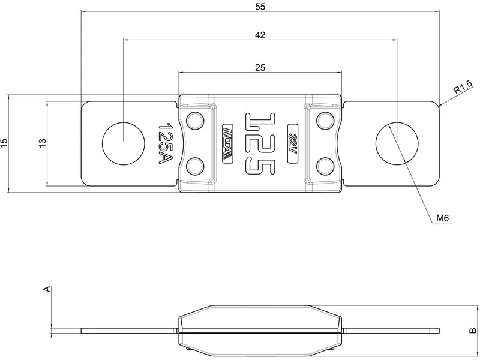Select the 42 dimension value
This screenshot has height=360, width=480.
(x=260, y=35)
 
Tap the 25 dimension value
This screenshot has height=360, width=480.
(x=260, y=67)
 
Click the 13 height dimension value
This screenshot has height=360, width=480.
(x=42, y=143)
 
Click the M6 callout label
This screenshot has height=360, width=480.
(x=443, y=218)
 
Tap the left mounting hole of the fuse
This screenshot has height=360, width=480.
(x=123, y=143)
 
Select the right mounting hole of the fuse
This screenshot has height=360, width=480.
(x=397, y=143)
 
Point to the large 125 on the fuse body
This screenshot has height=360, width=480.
(x=260, y=143)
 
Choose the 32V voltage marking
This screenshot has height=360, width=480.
(x=293, y=143)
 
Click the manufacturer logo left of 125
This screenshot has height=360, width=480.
(x=228, y=143)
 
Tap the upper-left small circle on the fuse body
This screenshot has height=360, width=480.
(x=194, y=121)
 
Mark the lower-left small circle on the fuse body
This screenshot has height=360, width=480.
(x=194, y=165)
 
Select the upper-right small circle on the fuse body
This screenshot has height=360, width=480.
(x=325, y=121)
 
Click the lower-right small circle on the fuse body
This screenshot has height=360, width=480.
(x=325, y=165)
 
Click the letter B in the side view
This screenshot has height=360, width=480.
(x=472, y=330)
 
